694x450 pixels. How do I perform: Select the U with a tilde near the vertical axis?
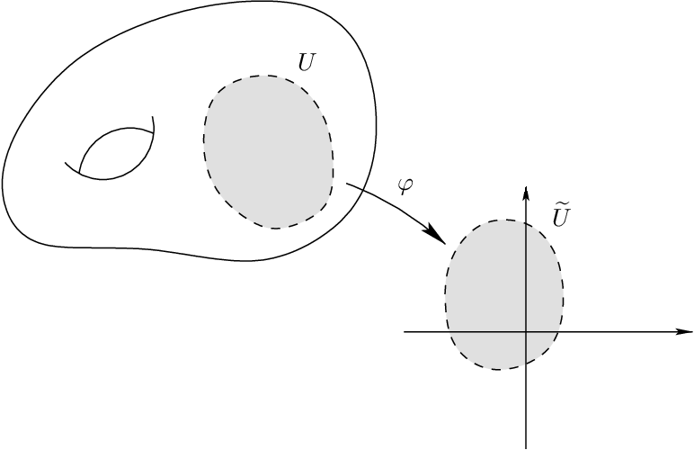tap(561, 216)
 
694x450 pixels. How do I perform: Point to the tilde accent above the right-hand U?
tap(562, 206)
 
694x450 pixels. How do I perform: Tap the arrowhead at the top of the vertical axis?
tap(525, 190)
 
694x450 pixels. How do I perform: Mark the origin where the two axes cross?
tap(525, 332)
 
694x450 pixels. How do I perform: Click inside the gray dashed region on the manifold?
tap(268, 148)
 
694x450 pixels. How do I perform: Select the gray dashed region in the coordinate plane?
tap(490, 288)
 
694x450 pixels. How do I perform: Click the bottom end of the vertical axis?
tap(525, 447)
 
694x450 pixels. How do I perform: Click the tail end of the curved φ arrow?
tap(346, 184)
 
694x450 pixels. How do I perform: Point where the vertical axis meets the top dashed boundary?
tap(525, 221)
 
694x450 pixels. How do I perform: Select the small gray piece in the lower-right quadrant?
tap(537, 344)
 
